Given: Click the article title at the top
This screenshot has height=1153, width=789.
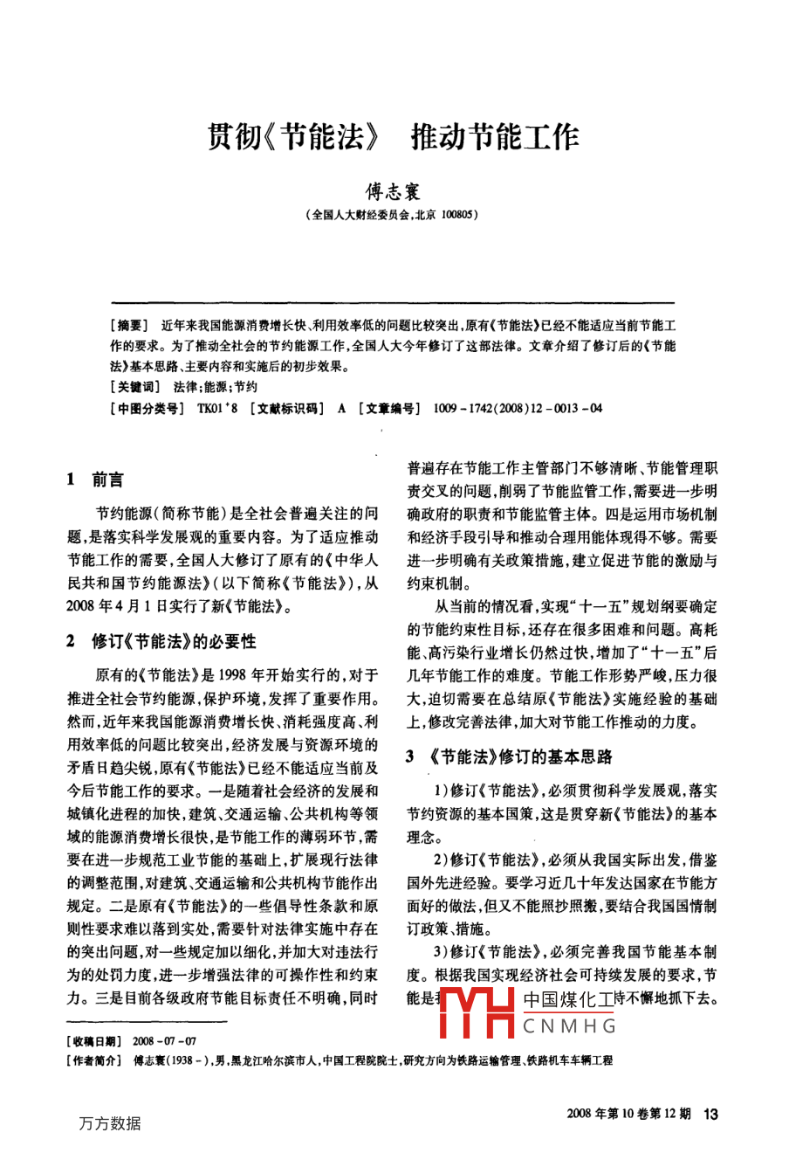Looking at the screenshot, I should pos(393,137).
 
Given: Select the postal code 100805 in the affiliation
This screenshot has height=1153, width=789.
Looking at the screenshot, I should pos(456,214).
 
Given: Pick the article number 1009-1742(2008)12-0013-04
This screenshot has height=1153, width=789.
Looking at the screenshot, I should pos(517,408).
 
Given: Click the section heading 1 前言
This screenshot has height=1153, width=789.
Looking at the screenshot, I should pos(95,480).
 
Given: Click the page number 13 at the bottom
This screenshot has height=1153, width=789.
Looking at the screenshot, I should pos(710,1113).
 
